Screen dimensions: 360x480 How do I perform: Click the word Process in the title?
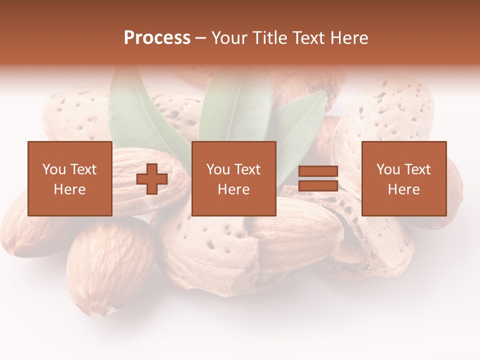tap(157, 38)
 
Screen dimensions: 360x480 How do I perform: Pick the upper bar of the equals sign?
tap(318, 171)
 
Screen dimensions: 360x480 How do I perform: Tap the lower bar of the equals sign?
tap(318, 186)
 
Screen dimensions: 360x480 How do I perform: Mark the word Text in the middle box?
tap(247, 169)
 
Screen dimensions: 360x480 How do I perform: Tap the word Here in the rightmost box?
tap(404, 189)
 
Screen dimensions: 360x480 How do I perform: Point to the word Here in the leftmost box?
tap(70, 189)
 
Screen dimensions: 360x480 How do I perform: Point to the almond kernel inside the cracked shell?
tap(295, 235)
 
